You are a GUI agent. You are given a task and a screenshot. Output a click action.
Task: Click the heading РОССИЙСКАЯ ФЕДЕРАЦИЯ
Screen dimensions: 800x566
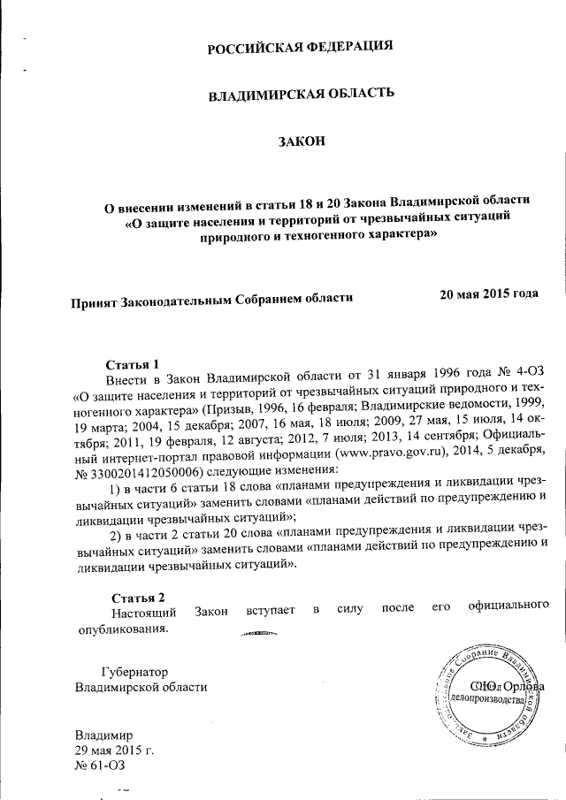click(x=300, y=47)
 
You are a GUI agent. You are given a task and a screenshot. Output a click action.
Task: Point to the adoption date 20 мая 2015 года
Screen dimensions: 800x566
click(x=489, y=293)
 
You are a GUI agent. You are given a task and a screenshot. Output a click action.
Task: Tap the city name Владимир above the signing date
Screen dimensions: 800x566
click(x=103, y=735)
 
